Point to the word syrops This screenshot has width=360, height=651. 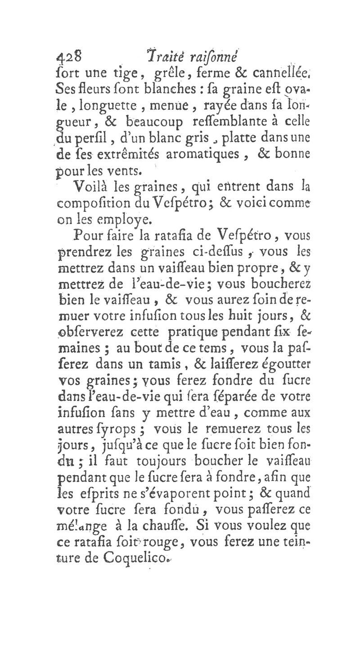[x=128, y=430]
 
